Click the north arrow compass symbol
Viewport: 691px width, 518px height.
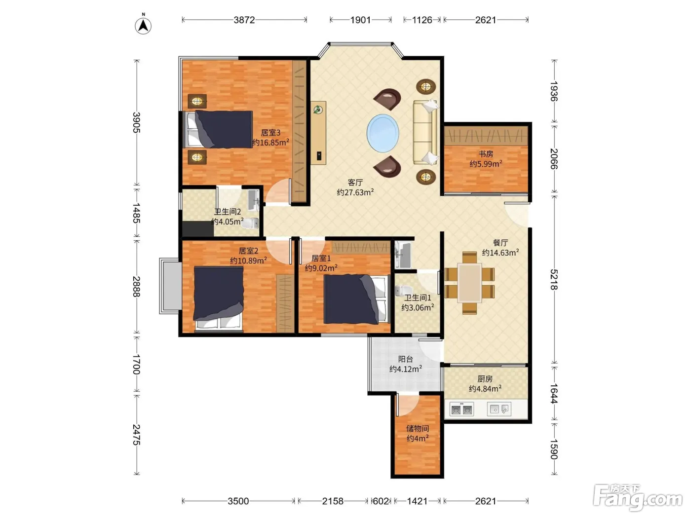point(143,25)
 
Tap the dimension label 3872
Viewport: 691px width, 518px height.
point(244,20)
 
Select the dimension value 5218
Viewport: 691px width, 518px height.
point(554,279)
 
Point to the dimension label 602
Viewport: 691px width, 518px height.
point(381,501)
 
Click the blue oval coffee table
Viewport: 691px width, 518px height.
point(383,133)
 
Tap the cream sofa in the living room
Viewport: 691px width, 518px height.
point(425,132)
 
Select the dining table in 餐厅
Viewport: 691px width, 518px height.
point(469,282)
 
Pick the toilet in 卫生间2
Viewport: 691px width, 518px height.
point(250,223)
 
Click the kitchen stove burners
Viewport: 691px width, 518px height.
point(461,409)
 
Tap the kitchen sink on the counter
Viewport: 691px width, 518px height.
point(499,409)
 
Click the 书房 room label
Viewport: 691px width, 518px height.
point(486,154)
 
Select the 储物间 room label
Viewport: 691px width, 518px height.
point(418,428)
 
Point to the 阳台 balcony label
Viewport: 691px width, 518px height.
point(406,359)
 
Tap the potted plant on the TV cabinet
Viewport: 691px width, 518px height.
point(318,110)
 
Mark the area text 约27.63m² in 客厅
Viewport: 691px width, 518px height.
point(355,192)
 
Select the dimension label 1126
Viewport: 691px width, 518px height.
point(422,20)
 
